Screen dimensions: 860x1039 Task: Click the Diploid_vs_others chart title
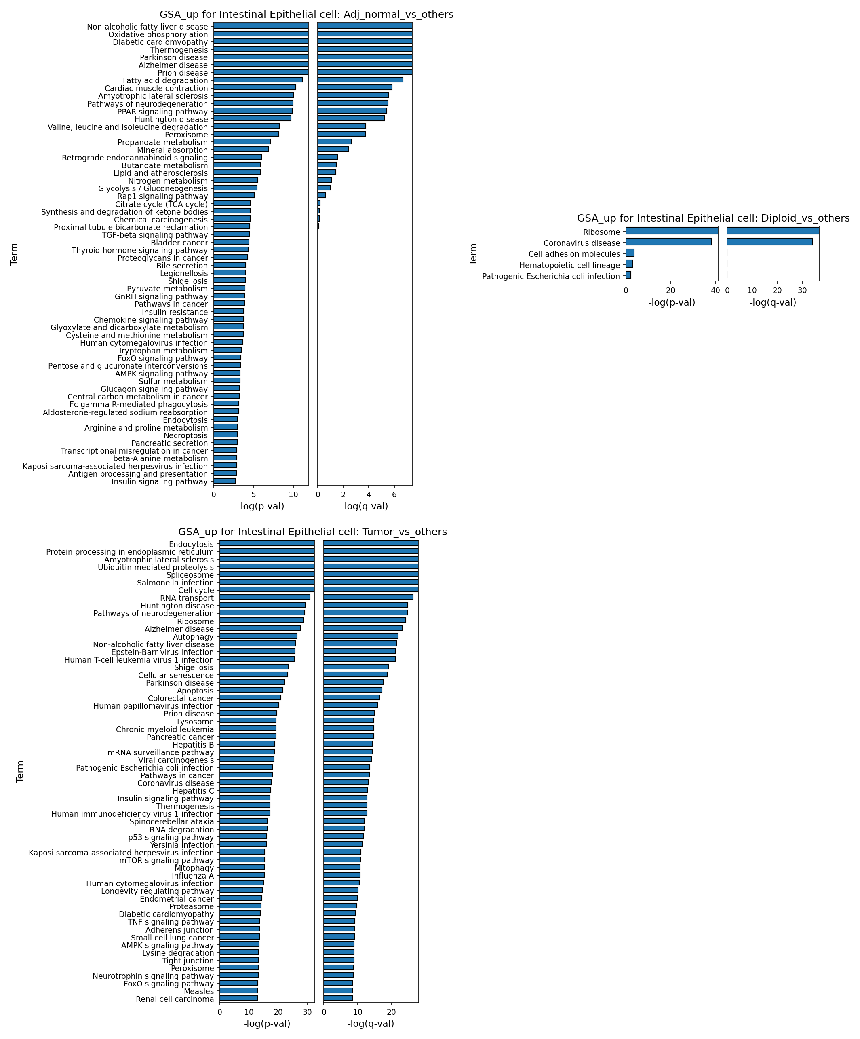click(713, 218)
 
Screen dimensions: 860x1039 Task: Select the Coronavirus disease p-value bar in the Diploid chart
click(668, 241)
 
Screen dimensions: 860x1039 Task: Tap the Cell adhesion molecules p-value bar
click(630, 253)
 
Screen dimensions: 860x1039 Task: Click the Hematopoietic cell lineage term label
click(569, 265)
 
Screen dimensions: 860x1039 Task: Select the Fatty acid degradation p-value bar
click(258, 80)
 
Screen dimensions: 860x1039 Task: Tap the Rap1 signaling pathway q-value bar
click(321, 195)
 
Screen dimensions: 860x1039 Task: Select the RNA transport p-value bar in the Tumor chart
click(265, 597)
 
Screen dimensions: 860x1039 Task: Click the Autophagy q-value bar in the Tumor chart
click(361, 636)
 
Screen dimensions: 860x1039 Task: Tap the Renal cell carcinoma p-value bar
click(239, 998)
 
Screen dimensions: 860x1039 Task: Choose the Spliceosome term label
click(190, 575)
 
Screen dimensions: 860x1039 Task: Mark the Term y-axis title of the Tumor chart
click(20, 771)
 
